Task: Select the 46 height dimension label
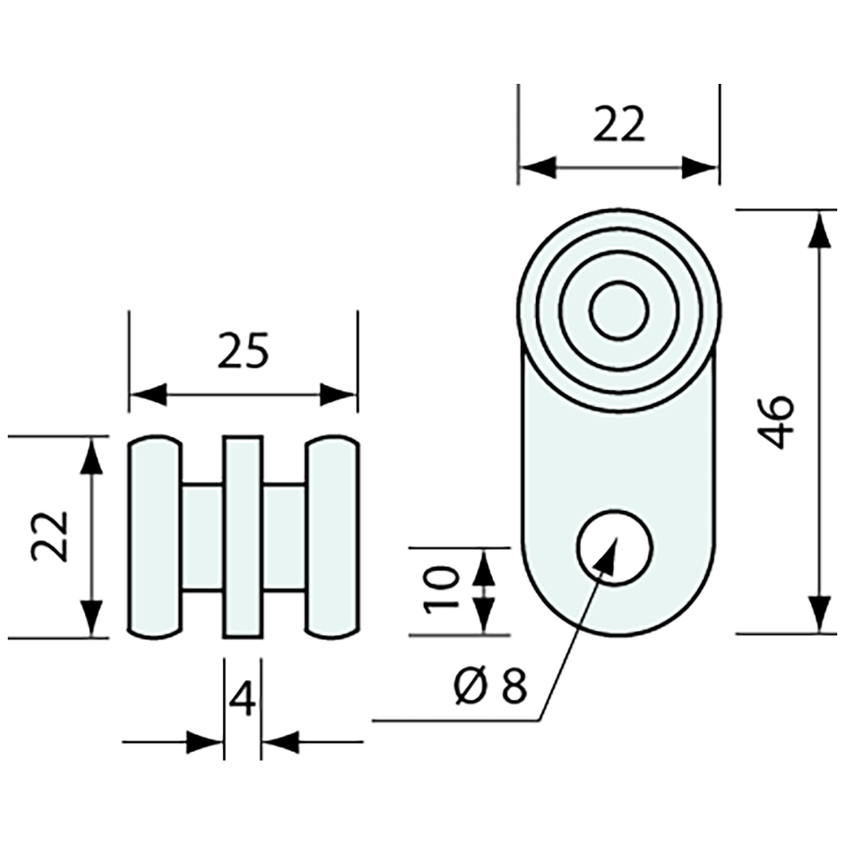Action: pos(776,422)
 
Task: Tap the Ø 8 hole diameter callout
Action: pos(490,685)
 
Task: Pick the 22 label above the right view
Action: pos(618,124)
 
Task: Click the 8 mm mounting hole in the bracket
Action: pos(615,548)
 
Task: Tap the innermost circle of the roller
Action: pos(618,309)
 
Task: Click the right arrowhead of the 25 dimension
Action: pos(339,395)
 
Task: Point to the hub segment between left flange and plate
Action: pos(202,538)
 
